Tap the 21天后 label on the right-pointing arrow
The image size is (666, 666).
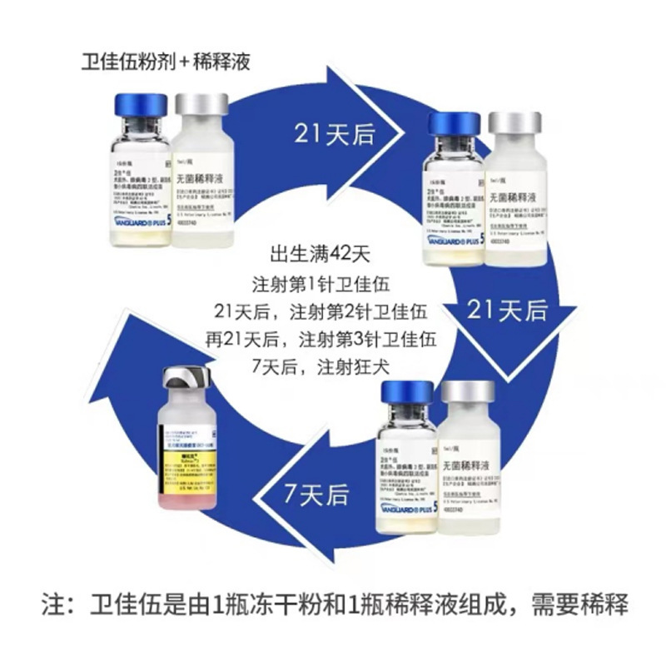334,134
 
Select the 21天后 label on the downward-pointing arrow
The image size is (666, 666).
507,311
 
